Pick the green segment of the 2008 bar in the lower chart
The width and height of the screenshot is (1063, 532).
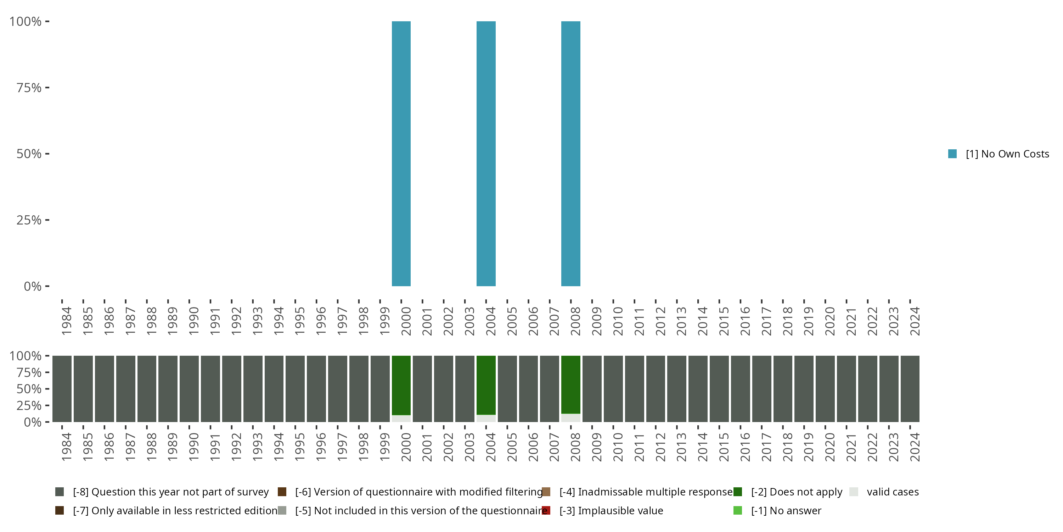click(x=571, y=384)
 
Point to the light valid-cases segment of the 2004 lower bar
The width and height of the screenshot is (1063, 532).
click(x=486, y=419)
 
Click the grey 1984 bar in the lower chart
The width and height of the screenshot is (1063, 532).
click(x=62, y=389)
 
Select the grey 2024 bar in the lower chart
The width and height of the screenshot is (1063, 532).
click(x=910, y=389)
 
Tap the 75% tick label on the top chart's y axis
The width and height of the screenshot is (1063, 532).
click(x=29, y=88)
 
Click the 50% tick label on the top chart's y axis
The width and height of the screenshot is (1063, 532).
click(x=29, y=154)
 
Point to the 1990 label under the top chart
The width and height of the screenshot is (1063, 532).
click(x=193, y=321)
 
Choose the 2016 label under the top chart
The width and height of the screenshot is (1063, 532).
click(x=745, y=321)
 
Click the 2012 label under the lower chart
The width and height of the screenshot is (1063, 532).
click(x=660, y=447)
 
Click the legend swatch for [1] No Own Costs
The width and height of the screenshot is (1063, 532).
click(x=952, y=154)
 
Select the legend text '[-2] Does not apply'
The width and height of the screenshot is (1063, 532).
click(x=797, y=492)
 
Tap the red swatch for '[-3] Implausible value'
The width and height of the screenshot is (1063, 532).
click(x=546, y=510)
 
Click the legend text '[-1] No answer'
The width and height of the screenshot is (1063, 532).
click(x=786, y=510)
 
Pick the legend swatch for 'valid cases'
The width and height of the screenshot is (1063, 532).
click(x=854, y=492)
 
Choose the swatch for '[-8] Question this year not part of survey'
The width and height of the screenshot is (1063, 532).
click(x=60, y=492)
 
